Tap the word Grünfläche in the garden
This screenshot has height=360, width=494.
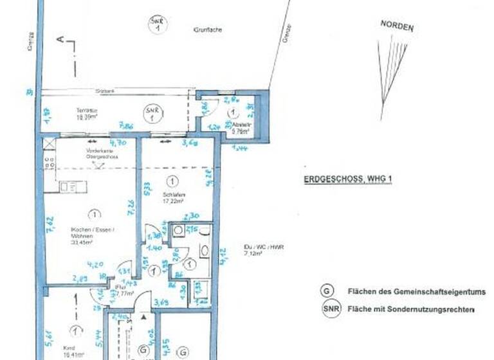click(x=207, y=30)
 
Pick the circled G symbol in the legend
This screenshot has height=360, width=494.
click(x=327, y=291)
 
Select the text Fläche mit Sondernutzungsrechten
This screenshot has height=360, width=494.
click(x=410, y=310)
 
